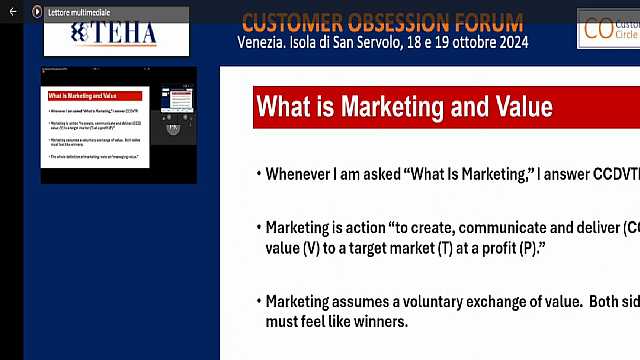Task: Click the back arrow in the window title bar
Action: pyautogui.click(x=12, y=11)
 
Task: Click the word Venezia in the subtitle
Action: pyautogui.click(x=264, y=42)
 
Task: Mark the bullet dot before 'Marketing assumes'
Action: pyautogui.click(x=257, y=301)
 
